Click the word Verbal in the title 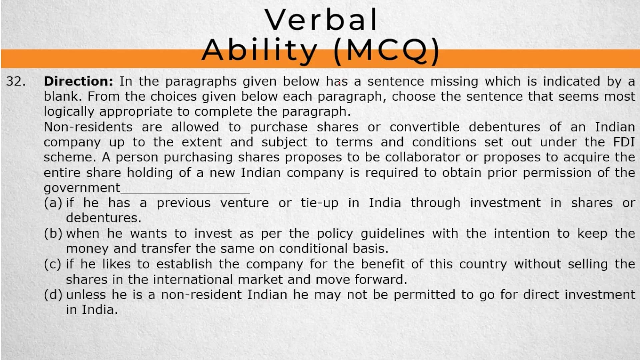321,20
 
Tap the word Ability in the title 259,51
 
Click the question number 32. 16,81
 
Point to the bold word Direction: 79,81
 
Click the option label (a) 53,203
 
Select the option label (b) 53,233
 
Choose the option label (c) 53,264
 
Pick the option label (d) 53,295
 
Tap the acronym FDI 624,142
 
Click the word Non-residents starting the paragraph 88,127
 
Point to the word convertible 424,127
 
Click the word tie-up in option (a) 319,203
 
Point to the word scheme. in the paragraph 70,157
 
